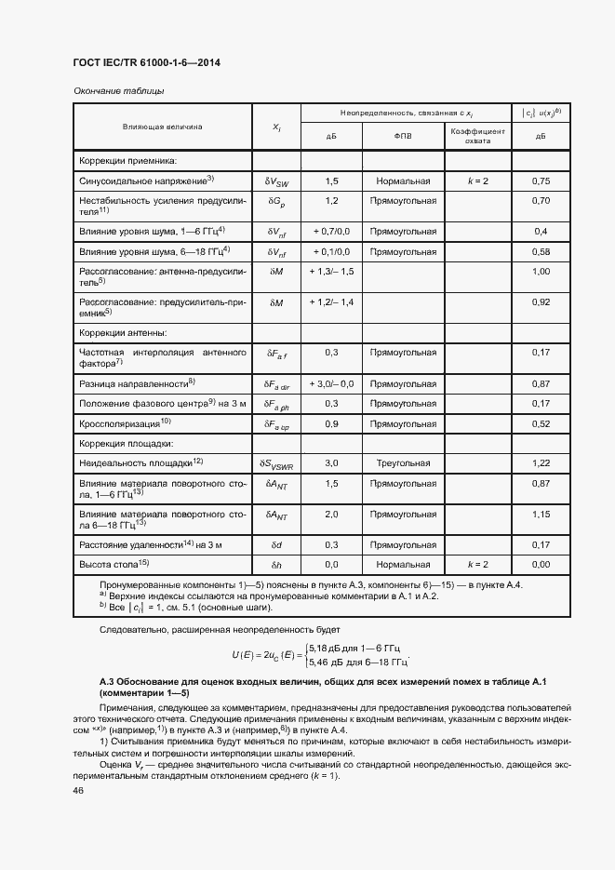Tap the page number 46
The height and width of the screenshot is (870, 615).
click(78, 790)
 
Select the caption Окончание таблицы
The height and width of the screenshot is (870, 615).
click(118, 90)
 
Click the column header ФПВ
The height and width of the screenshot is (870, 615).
click(401, 136)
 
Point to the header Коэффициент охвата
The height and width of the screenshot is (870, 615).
click(476, 136)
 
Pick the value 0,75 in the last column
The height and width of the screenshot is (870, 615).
click(540, 181)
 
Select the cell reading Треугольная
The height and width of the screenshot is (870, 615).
click(402, 462)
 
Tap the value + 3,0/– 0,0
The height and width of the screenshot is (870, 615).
click(331, 383)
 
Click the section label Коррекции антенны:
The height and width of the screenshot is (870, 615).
click(123, 331)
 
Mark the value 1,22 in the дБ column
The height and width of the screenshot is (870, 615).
click(540, 462)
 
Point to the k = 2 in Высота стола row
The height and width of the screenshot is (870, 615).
click(477, 565)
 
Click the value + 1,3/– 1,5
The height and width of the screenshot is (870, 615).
click(331, 272)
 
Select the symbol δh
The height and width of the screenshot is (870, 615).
click(276, 565)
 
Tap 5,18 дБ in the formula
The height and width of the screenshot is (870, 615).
click(330, 647)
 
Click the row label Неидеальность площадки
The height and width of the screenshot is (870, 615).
click(140, 462)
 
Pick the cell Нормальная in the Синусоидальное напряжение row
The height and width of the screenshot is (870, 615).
click(402, 181)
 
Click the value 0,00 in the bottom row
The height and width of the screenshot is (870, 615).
click(540, 565)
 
